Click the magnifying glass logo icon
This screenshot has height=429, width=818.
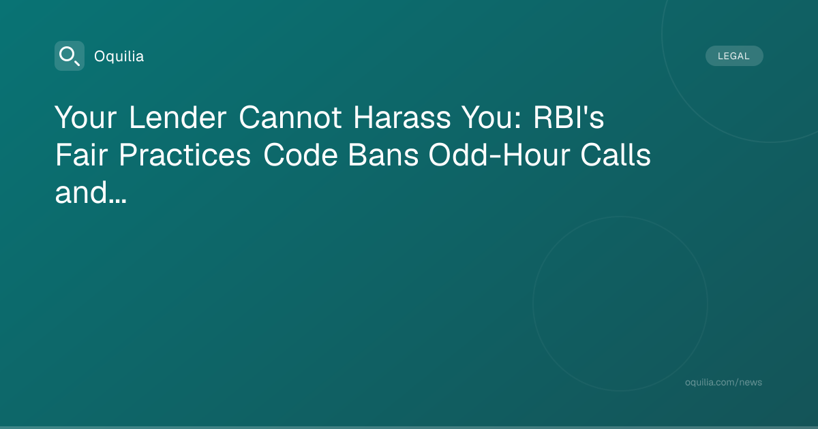click(x=70, y=56)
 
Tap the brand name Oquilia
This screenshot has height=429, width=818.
click(x=119, y=57)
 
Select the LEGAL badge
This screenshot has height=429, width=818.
click(x=734, y=56)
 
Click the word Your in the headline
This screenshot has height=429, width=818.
click(x=86, y=117)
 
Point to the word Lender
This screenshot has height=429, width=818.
click(x=178, y=117)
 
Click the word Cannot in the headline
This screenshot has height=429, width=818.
click(x=290, y=117)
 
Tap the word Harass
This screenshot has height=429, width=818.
click(x=402, y=117)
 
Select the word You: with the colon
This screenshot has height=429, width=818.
click(x=491, y=117)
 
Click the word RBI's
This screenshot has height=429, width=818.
click(x=569, y=117)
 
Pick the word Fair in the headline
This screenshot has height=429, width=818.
click(x=81, y=155)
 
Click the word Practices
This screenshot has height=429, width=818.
click(x=185, y=155)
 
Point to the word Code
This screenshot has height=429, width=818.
click(x=300, y=155)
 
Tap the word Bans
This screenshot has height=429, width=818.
click(x=383, y=155)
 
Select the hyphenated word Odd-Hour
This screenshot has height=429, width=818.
click(x=499, y=155)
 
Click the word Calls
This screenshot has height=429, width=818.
click(x=616, y=155)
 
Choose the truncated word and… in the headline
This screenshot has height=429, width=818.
click(x=91, y=192)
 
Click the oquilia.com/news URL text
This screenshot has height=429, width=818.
click(x=723, y=382)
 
